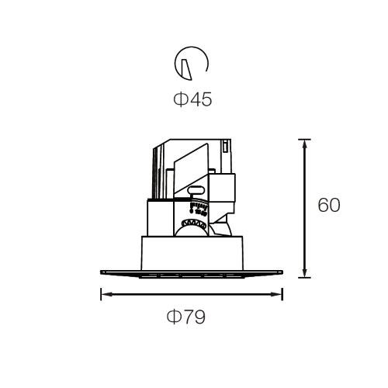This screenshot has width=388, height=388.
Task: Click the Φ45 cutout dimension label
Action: point(192,99)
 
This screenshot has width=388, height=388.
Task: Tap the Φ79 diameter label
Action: point(186,317)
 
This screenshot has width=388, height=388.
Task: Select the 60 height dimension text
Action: point(329,205)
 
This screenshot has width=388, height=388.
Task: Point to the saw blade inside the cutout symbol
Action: point(187,69)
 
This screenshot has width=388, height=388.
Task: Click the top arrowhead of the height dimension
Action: point(304,144)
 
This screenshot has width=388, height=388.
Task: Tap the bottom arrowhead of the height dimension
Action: point(304,272)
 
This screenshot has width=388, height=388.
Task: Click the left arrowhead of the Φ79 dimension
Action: point(106,294)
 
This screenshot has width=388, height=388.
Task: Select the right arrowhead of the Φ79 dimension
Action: point(277,294)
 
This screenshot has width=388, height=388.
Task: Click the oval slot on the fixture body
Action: point(196,190)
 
